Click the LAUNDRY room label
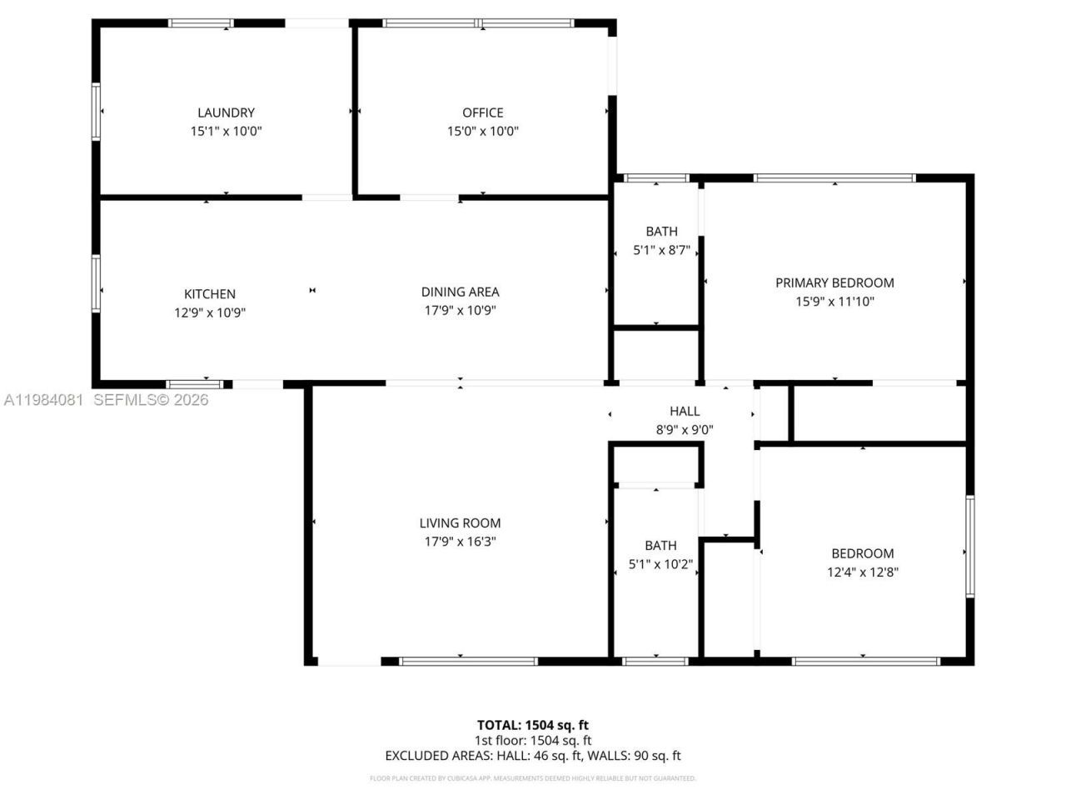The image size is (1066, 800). pyautogui.click(x=226, y=112)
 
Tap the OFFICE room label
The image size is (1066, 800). pyautogui.click(x=483, y=112)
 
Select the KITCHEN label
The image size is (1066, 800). pyautogui.click(x=210, y=294)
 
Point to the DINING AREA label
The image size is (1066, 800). pyautogui.click(x=460, y=292)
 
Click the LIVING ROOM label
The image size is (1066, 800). pyautogui.click(x=460, y=523)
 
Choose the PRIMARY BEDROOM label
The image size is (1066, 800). pyautogui.click(x=834, y=282)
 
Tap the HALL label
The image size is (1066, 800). pyautogui.click(x=685, y=411)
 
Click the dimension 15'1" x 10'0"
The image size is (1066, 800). pyautogui.click(x=226, y=131)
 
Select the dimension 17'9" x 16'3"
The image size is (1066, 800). pyautogui.click(x=460, y=542)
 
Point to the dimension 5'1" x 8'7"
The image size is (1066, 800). pyautogui.click(x=661, y=250)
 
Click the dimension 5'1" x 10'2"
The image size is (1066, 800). pyautogui.click(x=660, y=564)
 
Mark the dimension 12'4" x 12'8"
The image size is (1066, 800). pyautogui.click(x=862, y=572)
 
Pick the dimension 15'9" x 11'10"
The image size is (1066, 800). pyautogui.click(x=834, y=302)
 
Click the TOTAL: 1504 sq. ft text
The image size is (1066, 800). pyautogui.click(x=532, y=725)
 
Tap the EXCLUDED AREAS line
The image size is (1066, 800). pyautogui.click(x=532, y=756)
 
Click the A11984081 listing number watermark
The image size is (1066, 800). pyautogui.click(x=43, y=400)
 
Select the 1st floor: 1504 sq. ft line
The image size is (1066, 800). pyautogui.click(x=532, y=740)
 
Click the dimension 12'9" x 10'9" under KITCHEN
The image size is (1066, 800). pyautogui.click(x=210, y=312)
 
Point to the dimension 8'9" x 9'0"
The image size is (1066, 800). pyautogui.click(x=685, y=430)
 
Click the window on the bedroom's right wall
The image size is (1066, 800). pyautogui.click(x=970, y=547)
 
